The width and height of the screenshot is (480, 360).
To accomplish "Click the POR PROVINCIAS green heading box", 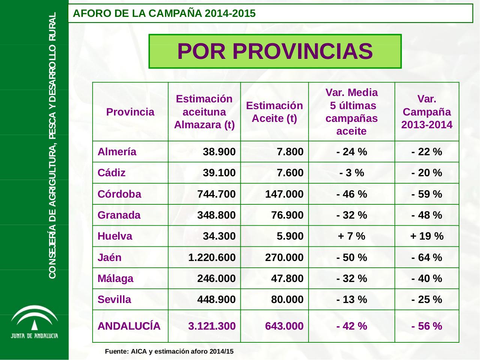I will pos(275,51).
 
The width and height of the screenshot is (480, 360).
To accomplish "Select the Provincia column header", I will pos(130,112).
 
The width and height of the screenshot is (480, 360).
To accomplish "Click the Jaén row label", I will pos(109,258).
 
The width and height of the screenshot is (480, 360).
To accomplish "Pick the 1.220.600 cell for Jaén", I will pos(212,258).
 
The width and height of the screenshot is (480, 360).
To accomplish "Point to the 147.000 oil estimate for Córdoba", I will pos(284,194).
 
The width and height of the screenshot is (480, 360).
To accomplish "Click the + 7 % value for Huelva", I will pos(351,236).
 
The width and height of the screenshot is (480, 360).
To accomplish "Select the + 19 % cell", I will pos(427,236).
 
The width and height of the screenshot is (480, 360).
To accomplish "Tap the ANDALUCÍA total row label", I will pos(129,326).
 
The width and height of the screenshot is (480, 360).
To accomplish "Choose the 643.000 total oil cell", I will pos(284,326).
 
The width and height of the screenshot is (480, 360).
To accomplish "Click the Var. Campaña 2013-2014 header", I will pos(427,112).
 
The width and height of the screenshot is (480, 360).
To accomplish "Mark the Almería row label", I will pos(117,152).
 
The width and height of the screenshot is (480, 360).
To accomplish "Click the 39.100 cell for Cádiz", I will pos(219,173).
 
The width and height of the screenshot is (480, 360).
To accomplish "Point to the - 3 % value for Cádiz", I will pos(351,173).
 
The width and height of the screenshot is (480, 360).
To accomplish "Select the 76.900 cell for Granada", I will pos(287,215).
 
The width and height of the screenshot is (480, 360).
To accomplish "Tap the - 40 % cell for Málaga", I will pos(427,279).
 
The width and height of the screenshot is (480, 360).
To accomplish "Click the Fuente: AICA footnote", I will pos(169,352).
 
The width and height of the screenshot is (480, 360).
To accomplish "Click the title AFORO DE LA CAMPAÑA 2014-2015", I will pos(164,14).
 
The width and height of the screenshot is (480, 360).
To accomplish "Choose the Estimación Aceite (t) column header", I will pos(274,112).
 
